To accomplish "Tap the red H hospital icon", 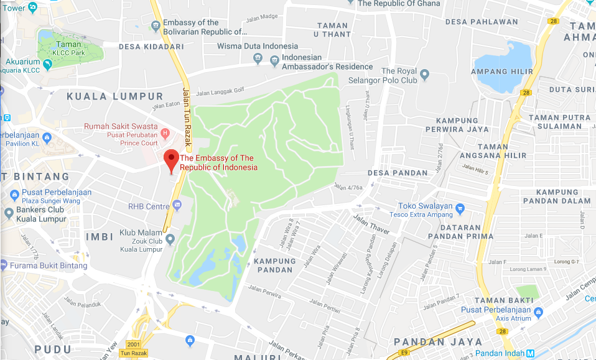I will click(165, 132).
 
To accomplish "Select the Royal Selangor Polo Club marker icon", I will click(425, 76).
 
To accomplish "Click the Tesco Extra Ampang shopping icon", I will click(460, 208).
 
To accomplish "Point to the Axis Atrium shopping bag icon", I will click(539, 312).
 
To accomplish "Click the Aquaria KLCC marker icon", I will click(47, 62).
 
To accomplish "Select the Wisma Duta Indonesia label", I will click(257, 46).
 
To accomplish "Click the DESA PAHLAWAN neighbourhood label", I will click(482, 22).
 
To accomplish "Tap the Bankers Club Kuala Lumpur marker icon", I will click(8, 214).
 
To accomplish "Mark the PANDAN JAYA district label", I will click(438, 341).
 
